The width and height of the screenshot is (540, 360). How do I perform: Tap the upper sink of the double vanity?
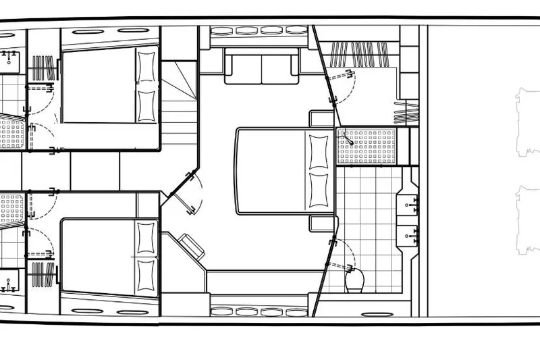click(412, 203)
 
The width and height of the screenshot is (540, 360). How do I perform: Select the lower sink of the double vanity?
click(412, 234)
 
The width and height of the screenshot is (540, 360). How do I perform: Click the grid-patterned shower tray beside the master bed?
click(365, 146)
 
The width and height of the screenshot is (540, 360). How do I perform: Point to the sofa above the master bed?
click(261, 68)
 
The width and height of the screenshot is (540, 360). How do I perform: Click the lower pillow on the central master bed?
click(318, 191)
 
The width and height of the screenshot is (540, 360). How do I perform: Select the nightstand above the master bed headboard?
click(321, 118)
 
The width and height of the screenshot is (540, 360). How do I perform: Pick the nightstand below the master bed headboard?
click(321, 224)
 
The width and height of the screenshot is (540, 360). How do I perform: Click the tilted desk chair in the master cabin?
click(191, 245)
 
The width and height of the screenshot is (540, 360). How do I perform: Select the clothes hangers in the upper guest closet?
click(42, 68)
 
